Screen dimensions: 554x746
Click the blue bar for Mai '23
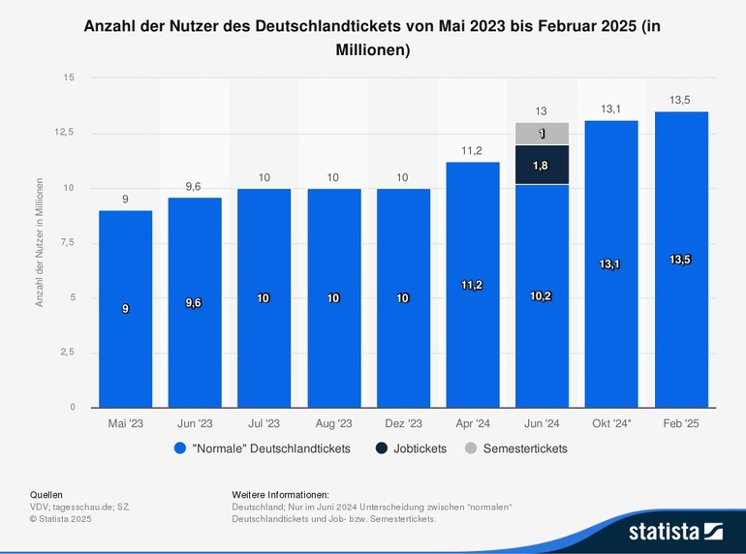pos(125,309)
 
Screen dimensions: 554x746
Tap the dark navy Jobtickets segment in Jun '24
pos(542,165)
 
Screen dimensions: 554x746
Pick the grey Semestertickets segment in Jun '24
pos(542,134)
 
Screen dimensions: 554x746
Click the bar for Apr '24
pos(472,285)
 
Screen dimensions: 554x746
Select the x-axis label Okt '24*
pos(610,423)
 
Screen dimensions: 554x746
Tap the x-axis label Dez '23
pos(402,423)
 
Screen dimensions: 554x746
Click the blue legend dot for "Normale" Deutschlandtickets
pos(179,448)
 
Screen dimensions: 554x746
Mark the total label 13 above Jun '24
pos(542,111)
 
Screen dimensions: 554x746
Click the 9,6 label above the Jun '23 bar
pos(195,186)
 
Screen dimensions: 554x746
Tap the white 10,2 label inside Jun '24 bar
pos(542,295)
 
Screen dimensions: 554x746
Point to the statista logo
pos(675,530)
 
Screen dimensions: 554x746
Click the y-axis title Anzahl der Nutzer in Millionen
pos(40,242)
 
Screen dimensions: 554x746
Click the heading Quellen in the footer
pos(47,494)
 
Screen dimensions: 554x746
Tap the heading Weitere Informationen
pos(281,494)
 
